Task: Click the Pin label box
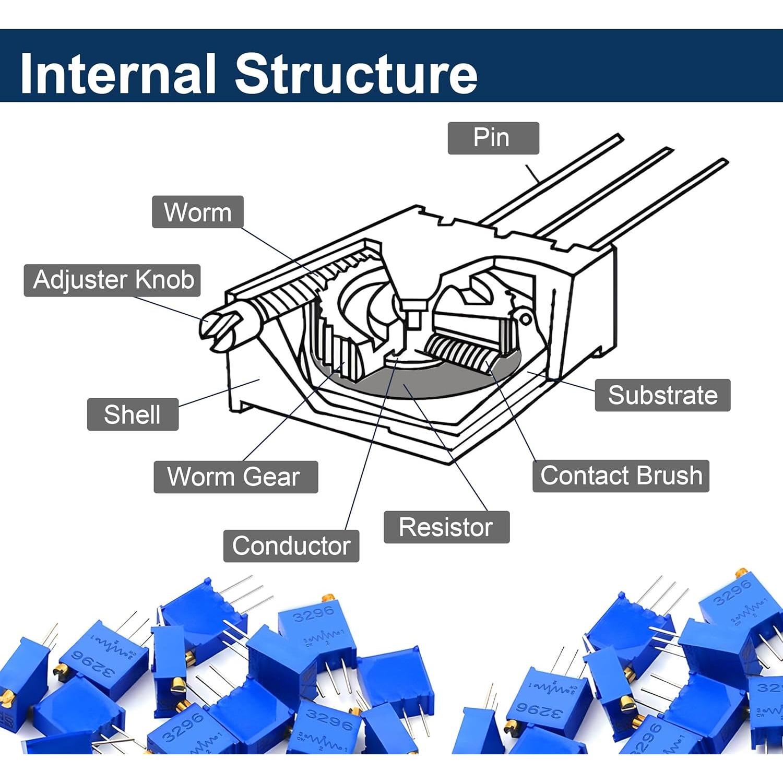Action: click(493, 138)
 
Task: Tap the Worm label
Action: click(197, 212)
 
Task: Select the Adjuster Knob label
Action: click(112, 280)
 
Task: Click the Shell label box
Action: click(133, 414)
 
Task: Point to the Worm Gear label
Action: click(235, 477)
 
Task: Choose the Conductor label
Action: click(291, 545)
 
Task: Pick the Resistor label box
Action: click(446, 527)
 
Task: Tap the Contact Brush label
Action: click(621, 476)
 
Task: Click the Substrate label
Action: click(662, 395)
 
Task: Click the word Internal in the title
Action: click(117, 73)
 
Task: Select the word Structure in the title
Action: click(356, 73)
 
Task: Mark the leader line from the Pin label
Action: click(532, 173)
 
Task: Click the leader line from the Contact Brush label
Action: click(514, 418)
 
